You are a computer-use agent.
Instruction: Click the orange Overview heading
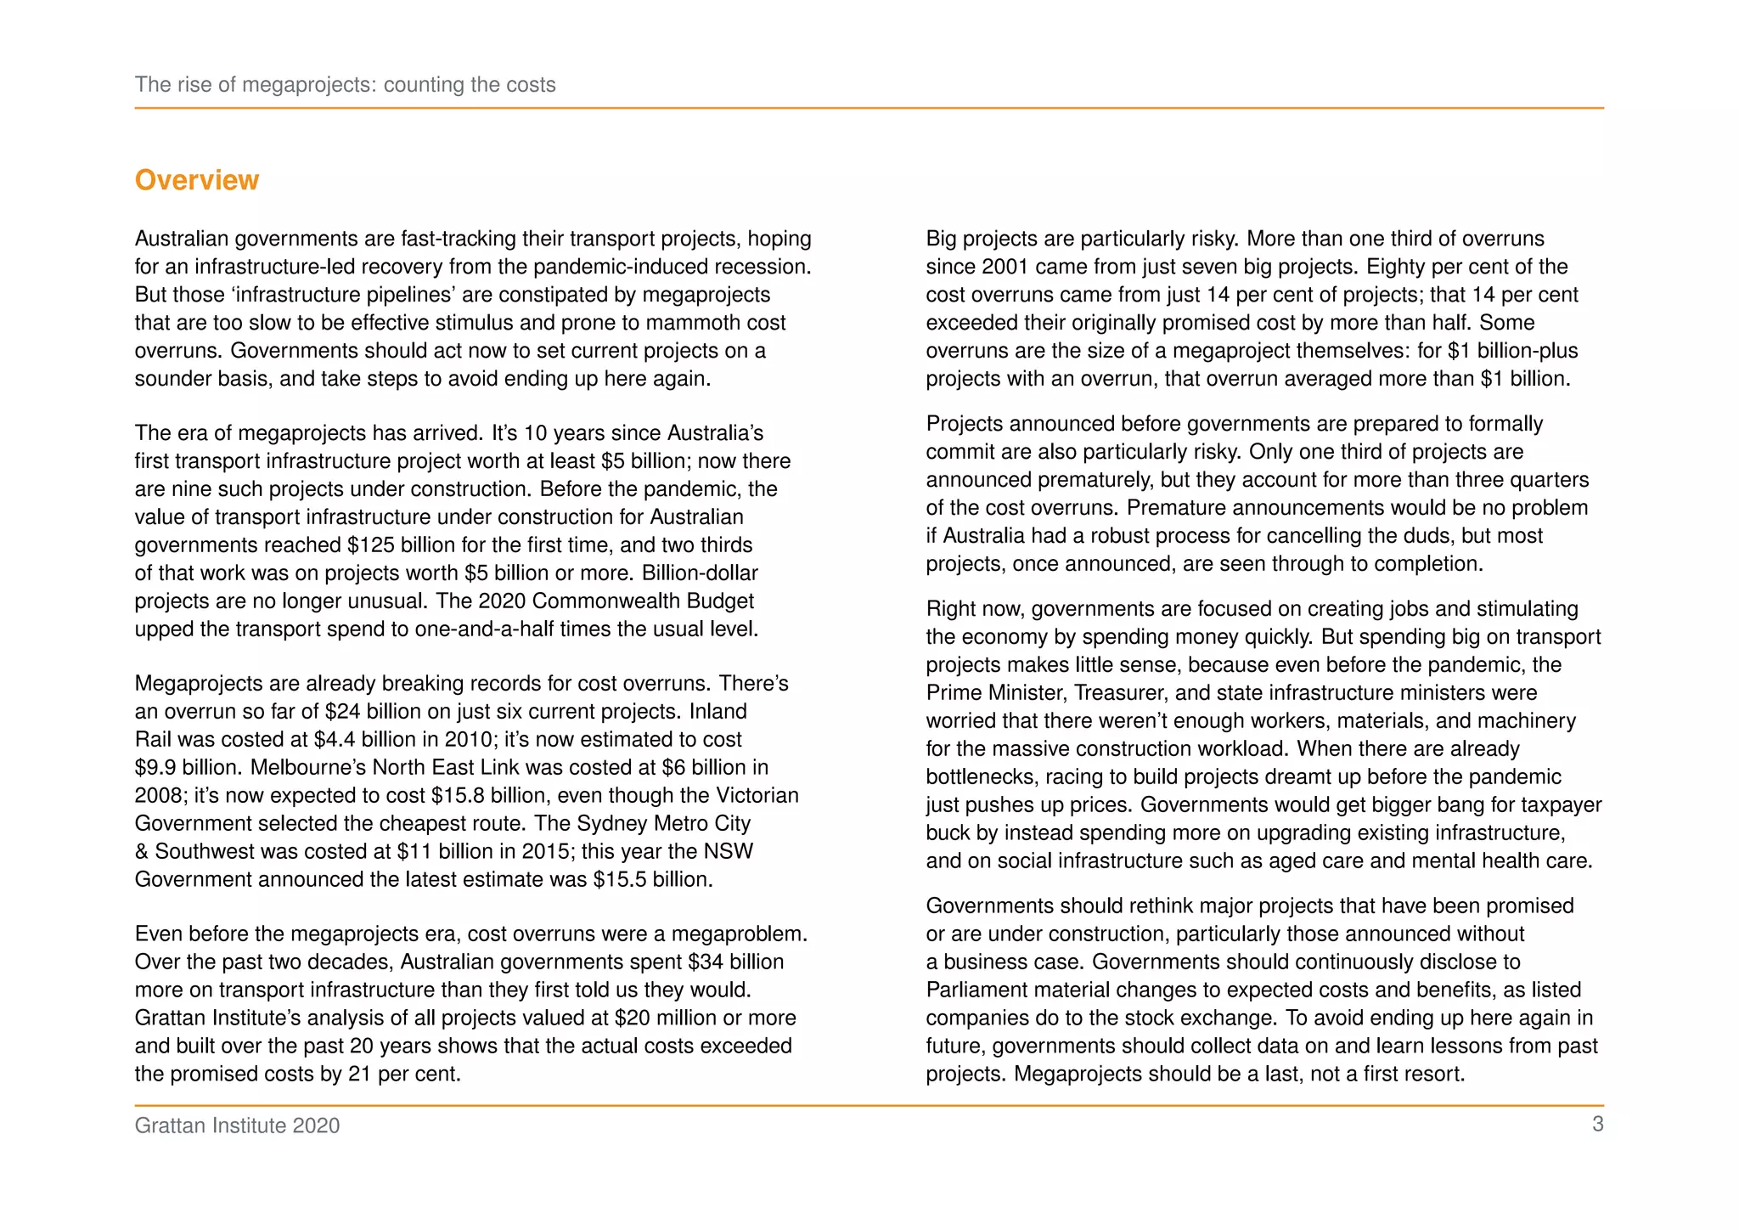196,180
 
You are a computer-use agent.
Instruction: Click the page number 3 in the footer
1597,1125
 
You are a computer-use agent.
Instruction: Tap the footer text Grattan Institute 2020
237,1126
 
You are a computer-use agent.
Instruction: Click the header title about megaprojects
345,85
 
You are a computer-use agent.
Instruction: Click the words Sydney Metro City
664,824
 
